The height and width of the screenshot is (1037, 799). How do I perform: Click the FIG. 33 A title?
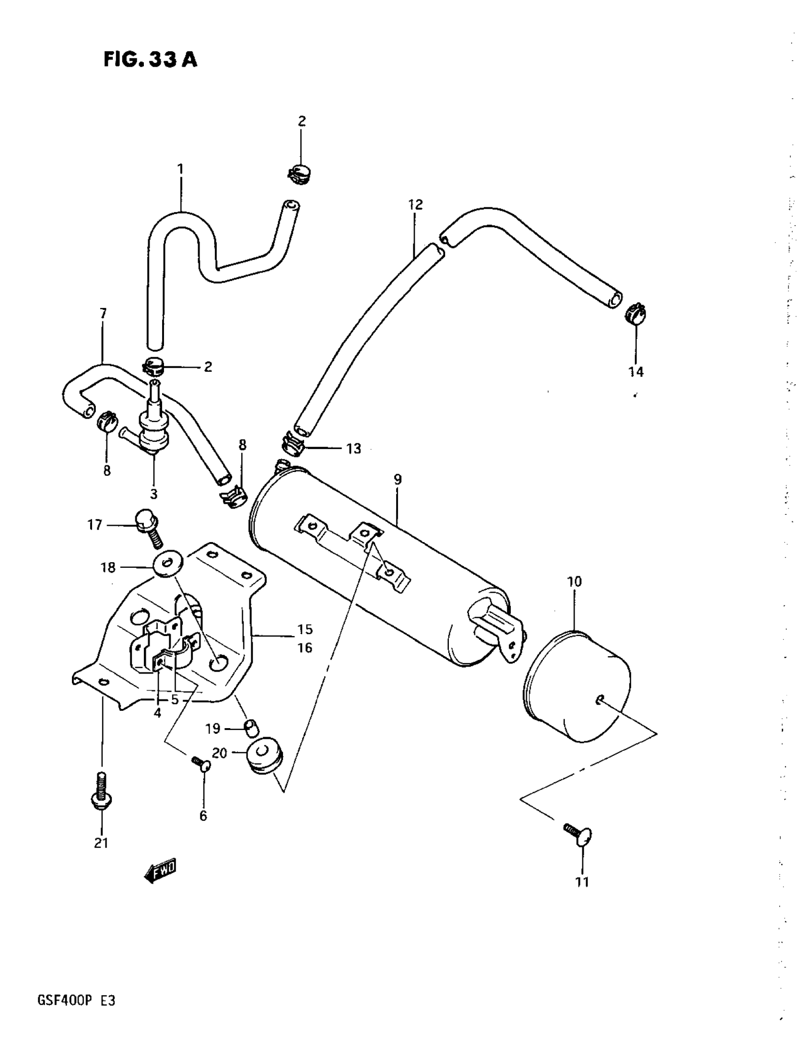(x=150, y=60)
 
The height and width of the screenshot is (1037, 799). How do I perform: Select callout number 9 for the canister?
(x=398, y=479)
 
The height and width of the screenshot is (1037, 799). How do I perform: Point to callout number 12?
(x=415, y=205)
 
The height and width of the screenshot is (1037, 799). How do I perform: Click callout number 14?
(x=636, y=372)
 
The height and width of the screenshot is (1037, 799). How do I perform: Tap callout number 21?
(x=102, y=843)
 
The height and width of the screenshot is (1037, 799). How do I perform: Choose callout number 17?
(x=95, y=525)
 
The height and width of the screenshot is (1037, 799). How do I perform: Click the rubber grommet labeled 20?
(x=265, y=755)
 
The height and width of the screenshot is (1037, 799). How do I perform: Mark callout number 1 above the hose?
(x=180, y=169)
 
